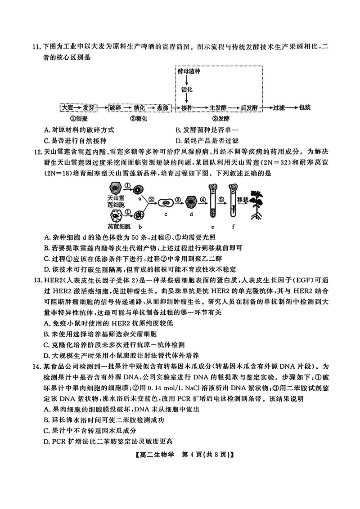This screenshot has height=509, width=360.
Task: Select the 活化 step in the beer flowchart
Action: pos(187,89)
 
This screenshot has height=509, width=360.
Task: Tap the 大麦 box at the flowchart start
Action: pos(67,108)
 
